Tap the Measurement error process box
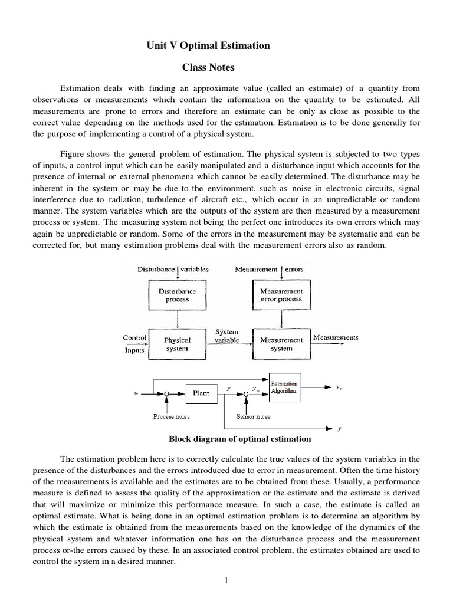coord(281,295)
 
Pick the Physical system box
coord(177,344)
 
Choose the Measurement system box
coord(281,344)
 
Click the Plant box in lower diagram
coord(201,393)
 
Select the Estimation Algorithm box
coord(284,388)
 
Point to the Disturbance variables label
coord(173,269)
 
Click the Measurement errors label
coord(269,269)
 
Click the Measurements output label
coord(336,338)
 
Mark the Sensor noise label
coord(254,416)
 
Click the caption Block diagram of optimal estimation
coord(240,439)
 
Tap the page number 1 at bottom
coord(226,580)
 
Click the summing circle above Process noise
coord(168,393)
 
